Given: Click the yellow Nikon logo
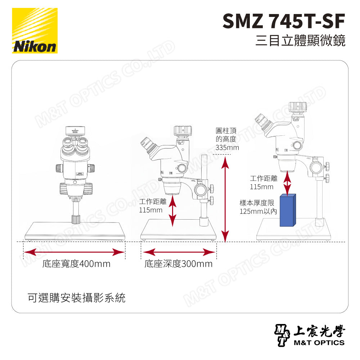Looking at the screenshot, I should [35, 31].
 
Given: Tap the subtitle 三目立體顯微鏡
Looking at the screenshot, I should [300, 40].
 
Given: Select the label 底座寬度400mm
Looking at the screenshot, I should [76, 264].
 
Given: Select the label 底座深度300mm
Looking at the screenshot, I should [179, 264].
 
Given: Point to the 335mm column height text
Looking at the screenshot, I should [227, 148].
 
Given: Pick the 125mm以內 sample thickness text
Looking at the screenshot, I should [258, 211].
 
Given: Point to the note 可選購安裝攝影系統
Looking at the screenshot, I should [76, 298].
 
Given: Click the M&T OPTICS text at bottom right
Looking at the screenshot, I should [319, 342].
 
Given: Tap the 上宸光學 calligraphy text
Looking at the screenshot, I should [320, 330].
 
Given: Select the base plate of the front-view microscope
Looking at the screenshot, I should [75, 231].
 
